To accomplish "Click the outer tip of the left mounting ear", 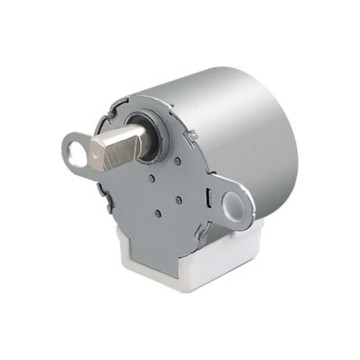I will (64, 151).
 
